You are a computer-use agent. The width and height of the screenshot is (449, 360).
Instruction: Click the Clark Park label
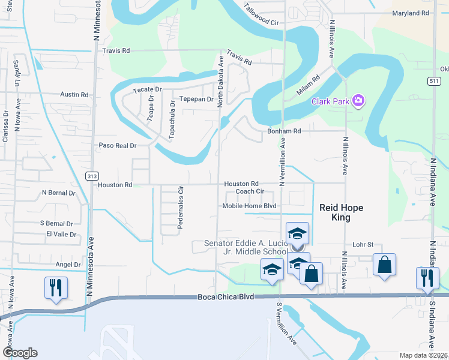(x=330, y=101)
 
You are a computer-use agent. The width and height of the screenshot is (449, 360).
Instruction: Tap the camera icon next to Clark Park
(x=359, y=100)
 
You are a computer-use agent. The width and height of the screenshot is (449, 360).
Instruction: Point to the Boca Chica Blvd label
(x=226, y=297)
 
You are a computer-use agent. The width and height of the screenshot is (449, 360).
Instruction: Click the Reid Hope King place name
(x=341, y=212)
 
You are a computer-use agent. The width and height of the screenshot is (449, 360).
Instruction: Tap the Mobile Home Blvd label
(x=249, y=206)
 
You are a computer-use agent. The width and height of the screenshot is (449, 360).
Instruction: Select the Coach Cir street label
(x=250, y=191)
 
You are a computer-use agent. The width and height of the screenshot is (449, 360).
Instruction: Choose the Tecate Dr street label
(x=148, y=89)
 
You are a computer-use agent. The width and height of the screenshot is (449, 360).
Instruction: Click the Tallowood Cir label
(x=263, y=16)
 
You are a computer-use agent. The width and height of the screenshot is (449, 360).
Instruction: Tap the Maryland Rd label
(x=411, y=13)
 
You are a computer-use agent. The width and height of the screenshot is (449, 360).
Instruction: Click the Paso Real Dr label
(x=118, y=145)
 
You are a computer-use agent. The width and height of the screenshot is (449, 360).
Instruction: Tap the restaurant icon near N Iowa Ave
(x=55, y=287)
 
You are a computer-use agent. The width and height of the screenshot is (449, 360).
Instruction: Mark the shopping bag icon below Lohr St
(x=384, y=264)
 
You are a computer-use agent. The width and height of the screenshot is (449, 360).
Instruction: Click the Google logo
(x=19, y=353)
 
